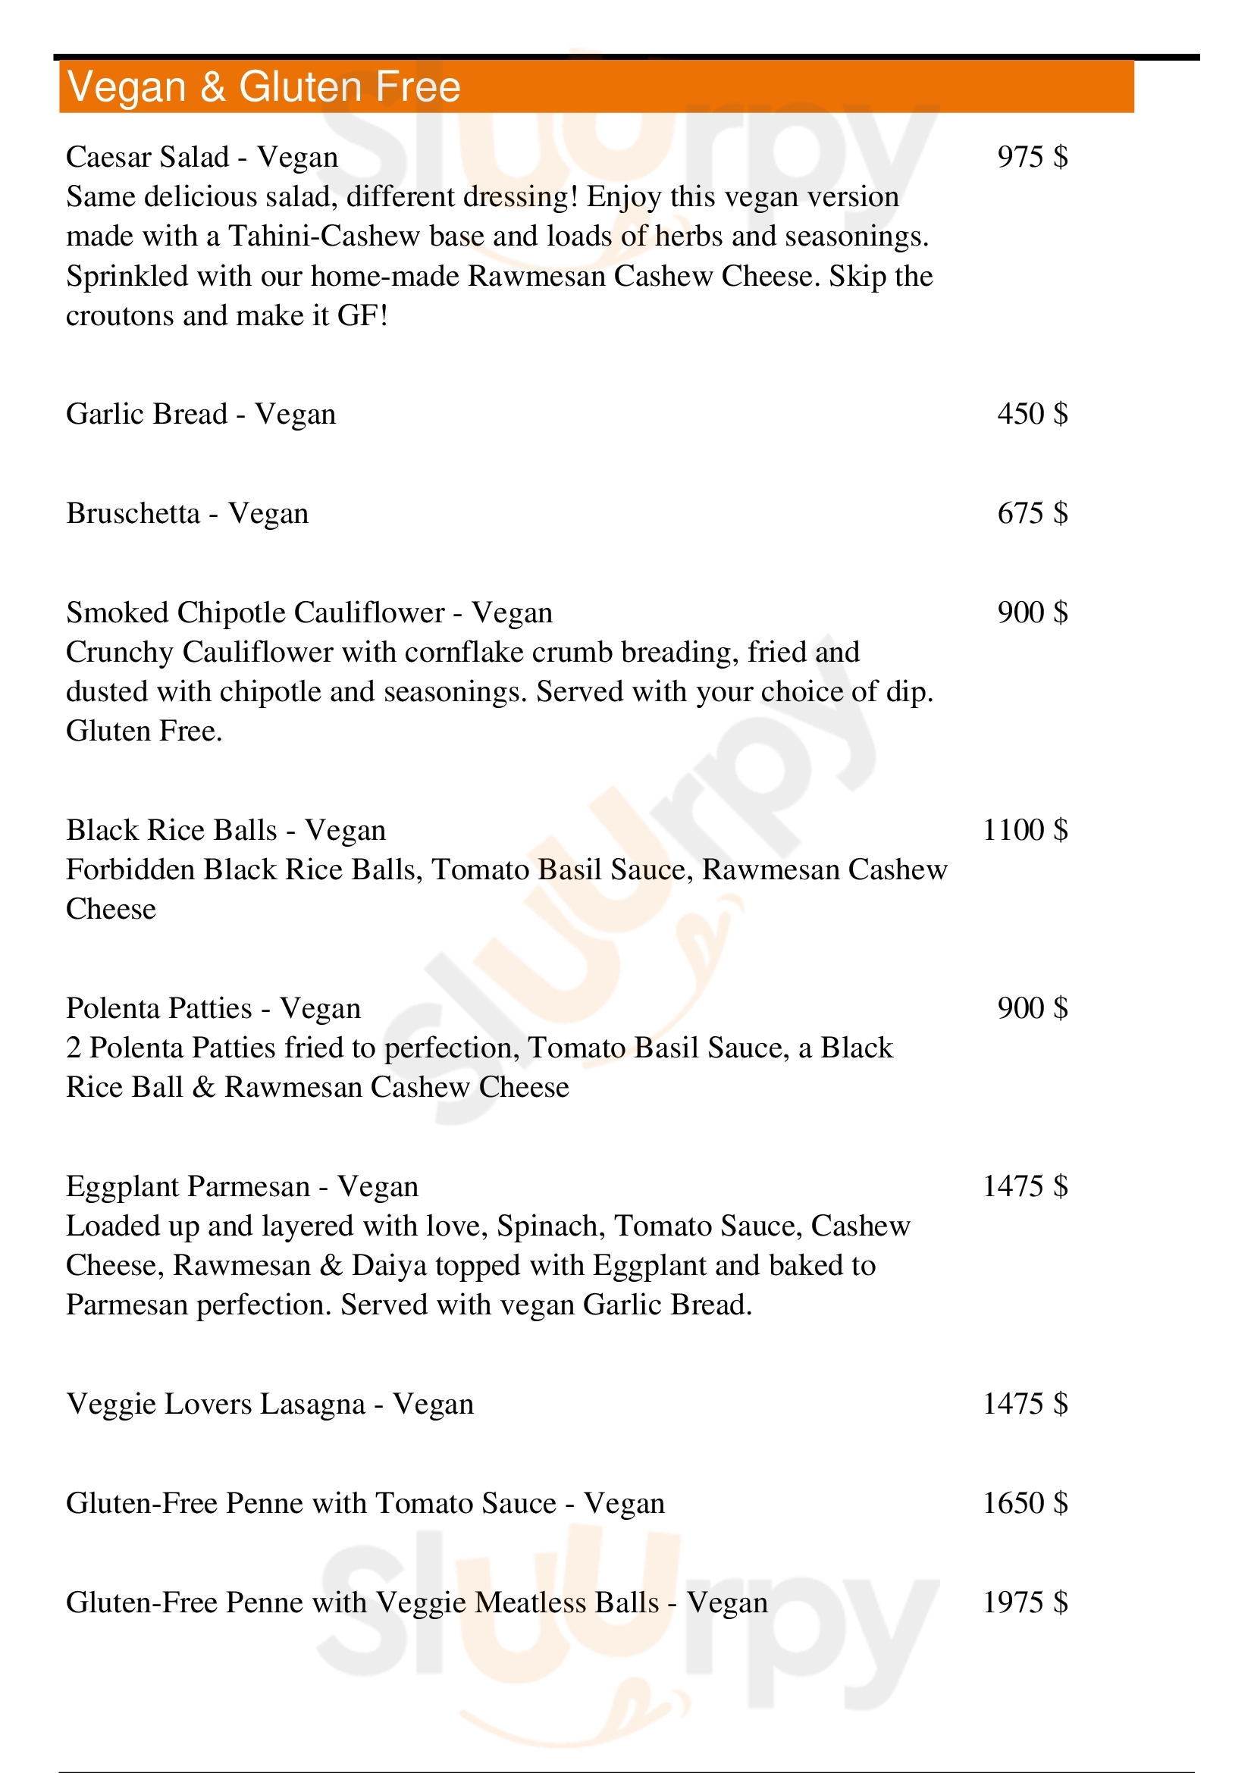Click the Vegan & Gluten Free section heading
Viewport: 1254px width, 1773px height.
[x=263, y=86]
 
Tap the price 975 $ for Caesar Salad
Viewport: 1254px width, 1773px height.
[x=1032, y=157]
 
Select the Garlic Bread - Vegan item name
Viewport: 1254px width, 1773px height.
[x=201, y=415]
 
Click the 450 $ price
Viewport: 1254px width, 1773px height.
[x=1032, y=415]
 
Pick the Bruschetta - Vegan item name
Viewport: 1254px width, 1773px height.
[x=187, y=513]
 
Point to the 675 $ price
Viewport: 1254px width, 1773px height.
[x=1032, y=513]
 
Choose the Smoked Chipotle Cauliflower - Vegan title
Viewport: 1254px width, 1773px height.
[x=309, y=613]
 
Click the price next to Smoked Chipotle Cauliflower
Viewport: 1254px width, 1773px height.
[x=1032, y=613]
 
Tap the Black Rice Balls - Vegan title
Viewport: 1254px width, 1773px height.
[x=225, y=830]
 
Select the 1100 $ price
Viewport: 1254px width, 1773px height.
[x=1025, y=830]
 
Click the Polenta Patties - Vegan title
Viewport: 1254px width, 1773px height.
[x=213, y=1008]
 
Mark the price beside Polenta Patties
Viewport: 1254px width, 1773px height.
[x=1032, y=1008]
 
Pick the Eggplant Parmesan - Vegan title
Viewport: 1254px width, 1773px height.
[x=242, y=1187]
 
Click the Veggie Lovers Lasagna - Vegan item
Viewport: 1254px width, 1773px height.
[x=269, y=1404]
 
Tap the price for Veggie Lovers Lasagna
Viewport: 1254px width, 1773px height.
[x=1025, y=1404]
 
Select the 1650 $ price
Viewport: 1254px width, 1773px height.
[x=1025, y=1503]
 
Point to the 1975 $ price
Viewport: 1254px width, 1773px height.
[x=1025, y=1603]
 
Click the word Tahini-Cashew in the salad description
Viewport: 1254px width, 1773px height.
[x=324, y=237]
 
